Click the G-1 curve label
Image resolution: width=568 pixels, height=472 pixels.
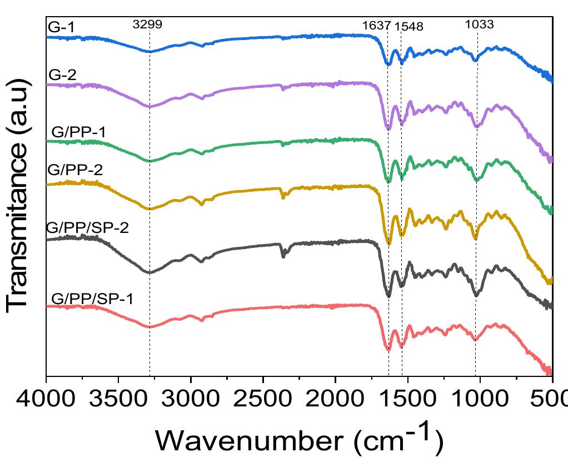[x=61, y=28]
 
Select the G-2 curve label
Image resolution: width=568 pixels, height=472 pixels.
[x=62, y=75]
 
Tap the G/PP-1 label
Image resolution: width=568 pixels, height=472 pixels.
[x=79, y=132]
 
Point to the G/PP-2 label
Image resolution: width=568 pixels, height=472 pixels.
[x=76, y=170]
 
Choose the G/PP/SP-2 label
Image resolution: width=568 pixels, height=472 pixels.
[x=88, y=228]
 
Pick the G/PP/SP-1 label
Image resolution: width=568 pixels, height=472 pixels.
[x=92, y=299]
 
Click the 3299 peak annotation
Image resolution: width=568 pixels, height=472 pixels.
[x=147, y=24]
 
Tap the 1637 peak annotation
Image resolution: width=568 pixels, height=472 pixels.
[x=376, y=26]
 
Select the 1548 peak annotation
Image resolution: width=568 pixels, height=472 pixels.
[x=408, y=27]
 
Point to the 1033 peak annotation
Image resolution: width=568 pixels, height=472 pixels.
[x=479, y=24]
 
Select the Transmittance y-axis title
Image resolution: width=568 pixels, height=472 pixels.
[x=17, y=195]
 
